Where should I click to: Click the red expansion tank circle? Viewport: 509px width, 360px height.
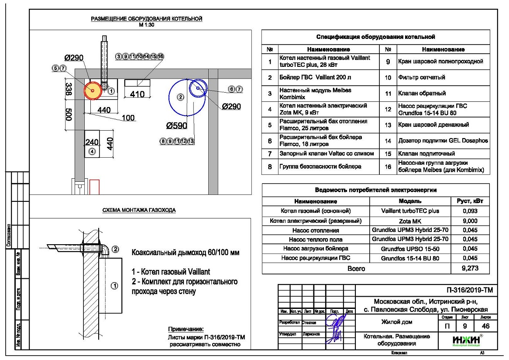pyautogui.click(x=93, y=90)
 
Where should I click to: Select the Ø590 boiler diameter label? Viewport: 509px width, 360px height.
pyautogui.click(x=176, y=126)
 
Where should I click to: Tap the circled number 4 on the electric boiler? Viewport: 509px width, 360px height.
pyautogui.click(x=92, y=151)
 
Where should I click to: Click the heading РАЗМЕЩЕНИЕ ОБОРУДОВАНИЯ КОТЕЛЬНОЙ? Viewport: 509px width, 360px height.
pyautogui.click(x=147, y=19)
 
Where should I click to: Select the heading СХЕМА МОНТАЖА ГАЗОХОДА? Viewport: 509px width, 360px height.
pyautogui.click(x=136, y=210)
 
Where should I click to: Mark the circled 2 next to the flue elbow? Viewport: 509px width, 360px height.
pyautogui.click(x=116, y=249)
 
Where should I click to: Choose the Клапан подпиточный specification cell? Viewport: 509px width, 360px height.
pyautogui.click(x=419, y=153)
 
